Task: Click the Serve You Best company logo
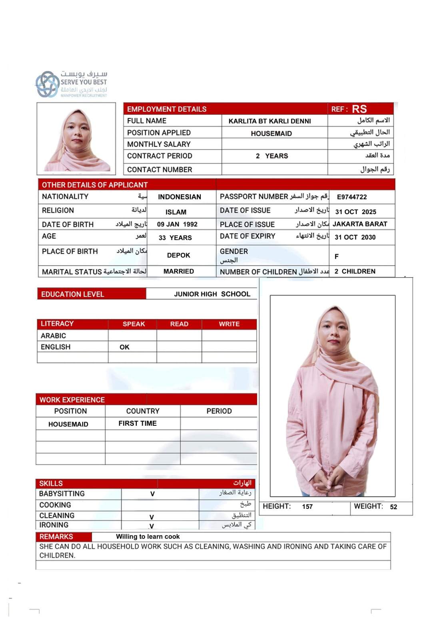[71, 84]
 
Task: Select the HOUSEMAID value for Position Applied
[271, 133]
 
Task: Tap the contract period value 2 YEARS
[272, 156]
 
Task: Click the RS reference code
[359, 109]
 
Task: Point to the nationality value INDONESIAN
[180, 197]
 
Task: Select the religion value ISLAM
[176, 212]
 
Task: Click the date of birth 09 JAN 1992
[177, 224]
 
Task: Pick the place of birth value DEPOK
[178, 255]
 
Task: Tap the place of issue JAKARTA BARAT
[360, 224]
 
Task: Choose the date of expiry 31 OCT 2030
[355, 237]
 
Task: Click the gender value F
[337, 256]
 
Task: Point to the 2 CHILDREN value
[355, 272]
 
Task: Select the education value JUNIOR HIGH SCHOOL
[212, 294]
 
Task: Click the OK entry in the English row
[124, 347]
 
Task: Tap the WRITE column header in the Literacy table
[229, 324]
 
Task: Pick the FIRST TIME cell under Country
[138, 423]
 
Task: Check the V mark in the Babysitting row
[152, 494]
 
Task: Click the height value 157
[307, 507]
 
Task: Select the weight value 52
[393, 507]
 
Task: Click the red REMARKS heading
[56, 537]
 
